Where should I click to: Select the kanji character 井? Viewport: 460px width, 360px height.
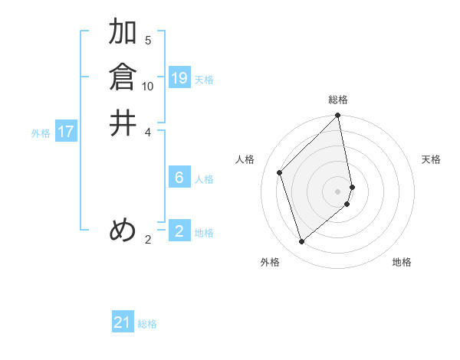point(123,123)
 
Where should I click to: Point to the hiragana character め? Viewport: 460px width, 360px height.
point(123,230)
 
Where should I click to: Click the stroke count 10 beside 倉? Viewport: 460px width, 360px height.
point(148,86)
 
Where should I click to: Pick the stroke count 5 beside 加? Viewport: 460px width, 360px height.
point(148,41)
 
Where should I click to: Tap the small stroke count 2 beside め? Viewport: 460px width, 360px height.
point(148,239)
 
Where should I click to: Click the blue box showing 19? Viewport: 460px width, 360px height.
point(179,78)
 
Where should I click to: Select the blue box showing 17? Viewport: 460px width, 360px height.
point(66,132)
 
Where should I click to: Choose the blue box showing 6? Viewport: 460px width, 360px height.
point(179,178)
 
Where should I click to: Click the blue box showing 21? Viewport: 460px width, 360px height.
point(123,322)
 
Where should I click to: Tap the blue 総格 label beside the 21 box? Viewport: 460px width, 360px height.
point(147,324)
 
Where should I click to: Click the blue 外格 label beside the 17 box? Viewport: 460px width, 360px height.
point(41,133)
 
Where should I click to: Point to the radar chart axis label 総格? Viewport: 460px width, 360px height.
point(338,100)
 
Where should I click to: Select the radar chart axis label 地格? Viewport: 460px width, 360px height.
point(402,262)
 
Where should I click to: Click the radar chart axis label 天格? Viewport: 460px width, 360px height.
point(431,159)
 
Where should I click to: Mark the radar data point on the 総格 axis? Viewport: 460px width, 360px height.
point(338,116)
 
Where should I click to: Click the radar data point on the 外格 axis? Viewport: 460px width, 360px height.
point(302,242)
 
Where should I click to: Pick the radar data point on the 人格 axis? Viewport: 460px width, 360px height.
point(280,172)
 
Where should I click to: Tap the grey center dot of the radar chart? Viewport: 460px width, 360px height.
point(338,191)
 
